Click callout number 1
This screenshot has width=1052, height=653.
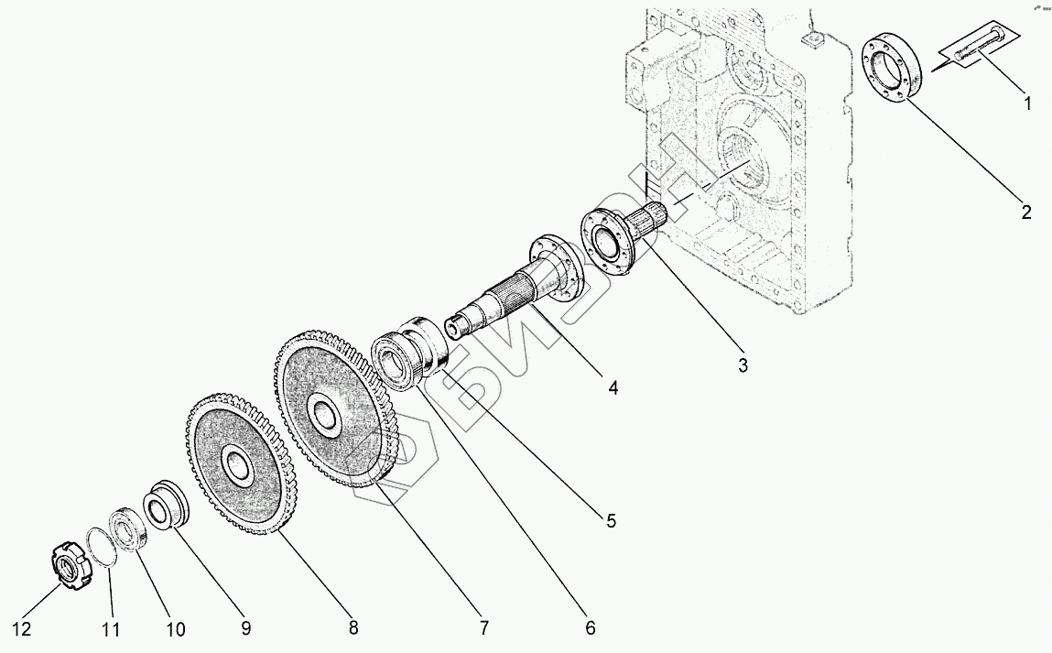tap(1027, 104)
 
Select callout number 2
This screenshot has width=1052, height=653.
tap(1026, 212)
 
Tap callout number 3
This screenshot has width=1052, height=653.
tap(743, 365)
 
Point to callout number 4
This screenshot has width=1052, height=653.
tap(613, 388)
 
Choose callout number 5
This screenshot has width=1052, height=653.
tap(610, 521)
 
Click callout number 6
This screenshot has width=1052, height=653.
tap(591, 627)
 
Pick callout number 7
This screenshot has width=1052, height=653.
tap(483, 627)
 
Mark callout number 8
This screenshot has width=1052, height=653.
tap(353, 627)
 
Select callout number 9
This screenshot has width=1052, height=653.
tap(245, 627)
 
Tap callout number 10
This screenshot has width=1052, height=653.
tap(175, 629)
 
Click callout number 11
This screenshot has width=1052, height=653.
tap(111, 629)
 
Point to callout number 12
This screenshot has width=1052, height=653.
tap(24, 629)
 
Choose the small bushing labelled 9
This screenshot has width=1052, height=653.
tap(165, 506)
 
